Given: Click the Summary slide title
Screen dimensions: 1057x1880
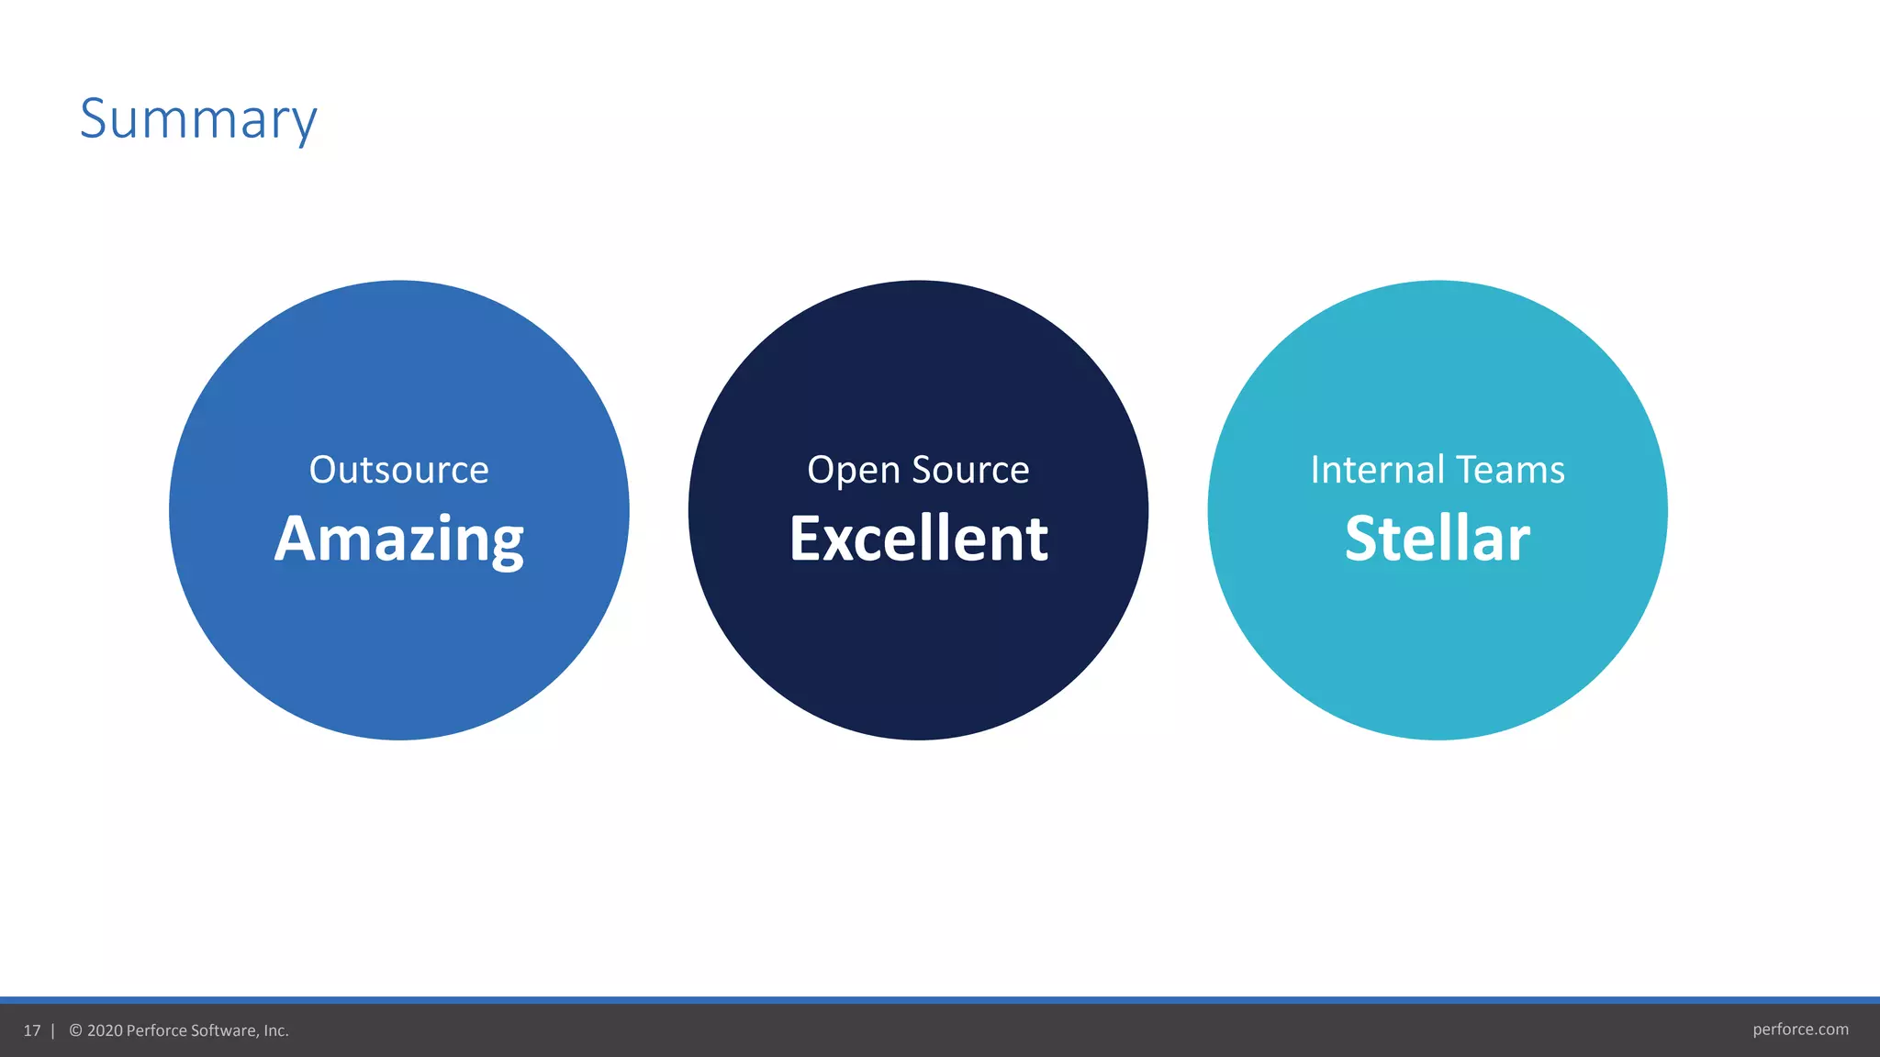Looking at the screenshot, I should coord(198,119).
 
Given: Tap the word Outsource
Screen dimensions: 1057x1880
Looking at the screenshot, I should coord(398,470).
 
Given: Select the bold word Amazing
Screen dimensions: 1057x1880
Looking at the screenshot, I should coord(398,539).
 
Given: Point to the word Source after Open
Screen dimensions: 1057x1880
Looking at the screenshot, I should coord(970,470).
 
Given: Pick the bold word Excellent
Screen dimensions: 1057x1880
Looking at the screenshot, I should coord(918,539).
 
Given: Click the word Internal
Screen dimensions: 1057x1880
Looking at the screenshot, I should coord(1378,470).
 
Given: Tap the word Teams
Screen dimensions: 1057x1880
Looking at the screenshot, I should coord(1510,470).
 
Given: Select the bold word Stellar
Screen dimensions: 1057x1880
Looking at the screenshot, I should coord(1438,539).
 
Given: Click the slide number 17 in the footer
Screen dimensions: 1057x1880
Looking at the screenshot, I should coord(32,1030).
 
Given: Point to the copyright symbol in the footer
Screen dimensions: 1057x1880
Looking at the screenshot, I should coord(76,1030).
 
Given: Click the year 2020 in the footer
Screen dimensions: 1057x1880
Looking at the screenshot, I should coord(105,1030).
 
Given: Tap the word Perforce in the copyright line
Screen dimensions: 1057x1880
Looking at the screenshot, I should coord(156,1030).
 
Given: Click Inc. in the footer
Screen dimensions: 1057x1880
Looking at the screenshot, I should coord(276,1030).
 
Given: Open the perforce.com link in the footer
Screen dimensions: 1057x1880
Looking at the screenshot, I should coord(1800,1029).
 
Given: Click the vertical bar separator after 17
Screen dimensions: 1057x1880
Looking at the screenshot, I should coord(53,1030).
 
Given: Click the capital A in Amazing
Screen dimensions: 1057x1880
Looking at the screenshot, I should coord(297,539).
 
